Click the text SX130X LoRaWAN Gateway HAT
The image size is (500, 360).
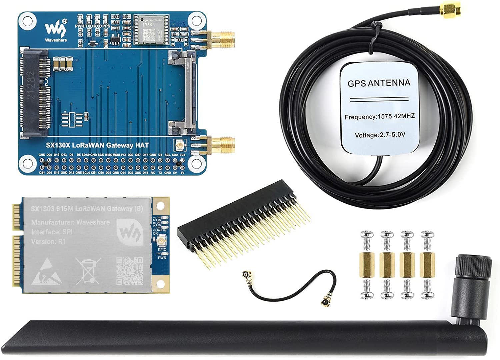[x=97, y=145]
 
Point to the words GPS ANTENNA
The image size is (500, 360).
[x=379, y=83]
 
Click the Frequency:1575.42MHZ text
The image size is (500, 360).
[x=380, y=117]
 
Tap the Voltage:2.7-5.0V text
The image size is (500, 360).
[x=380, y=135]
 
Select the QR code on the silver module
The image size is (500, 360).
[x=130, y=270]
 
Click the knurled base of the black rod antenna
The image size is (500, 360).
[x=473, y=268]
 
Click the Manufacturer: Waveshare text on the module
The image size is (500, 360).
[x=70, y=222]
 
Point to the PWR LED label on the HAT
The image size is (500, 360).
[x=80, y=26]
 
